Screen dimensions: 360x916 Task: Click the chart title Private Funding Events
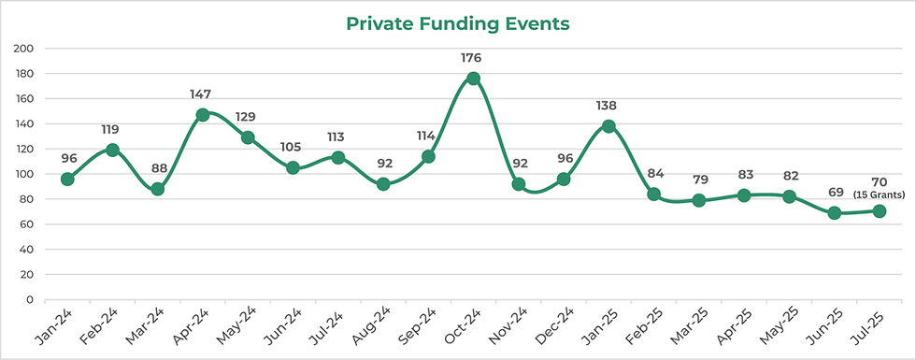pyautogui.click(x=457, y=23)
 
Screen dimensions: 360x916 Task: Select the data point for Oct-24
pyautogui.click(x=473, y=79)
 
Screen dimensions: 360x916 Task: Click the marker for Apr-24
pyautogui.click(x=203, y=115)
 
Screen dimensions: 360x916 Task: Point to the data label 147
pyautogui.click(x=200, y=94)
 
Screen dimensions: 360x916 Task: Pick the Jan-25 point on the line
pyautogui.click(x=608, y=125)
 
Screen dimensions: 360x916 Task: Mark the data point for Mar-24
pyautogui.click(x=157, y=189)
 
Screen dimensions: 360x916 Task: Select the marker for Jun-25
pyautogui.click(x=834, y=213)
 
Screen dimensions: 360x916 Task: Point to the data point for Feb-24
pyautogui.click(x=112, y=150)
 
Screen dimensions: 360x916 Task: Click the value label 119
pyautogui.click(x=110, y=129)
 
